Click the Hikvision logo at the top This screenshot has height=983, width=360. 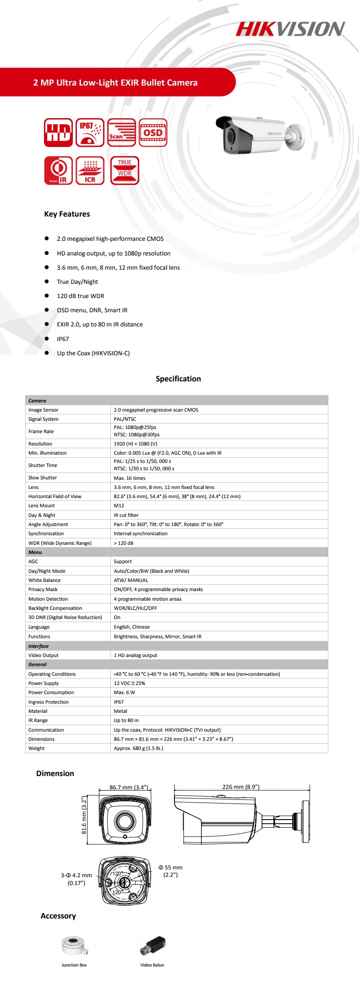290,29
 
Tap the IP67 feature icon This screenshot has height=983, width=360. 90,132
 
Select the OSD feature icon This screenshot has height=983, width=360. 153,132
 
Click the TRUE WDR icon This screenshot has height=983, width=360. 125,170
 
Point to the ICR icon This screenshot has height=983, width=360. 90,170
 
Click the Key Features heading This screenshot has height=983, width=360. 67,214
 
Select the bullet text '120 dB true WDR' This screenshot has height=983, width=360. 81,296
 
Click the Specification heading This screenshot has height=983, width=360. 178,379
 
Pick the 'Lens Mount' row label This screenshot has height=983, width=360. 41,505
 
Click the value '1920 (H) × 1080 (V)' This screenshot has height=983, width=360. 136,444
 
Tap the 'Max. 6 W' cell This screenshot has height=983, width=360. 125,692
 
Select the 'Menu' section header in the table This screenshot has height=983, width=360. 35,552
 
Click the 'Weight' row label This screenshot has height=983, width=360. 37,748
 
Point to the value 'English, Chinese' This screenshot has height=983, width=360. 132,627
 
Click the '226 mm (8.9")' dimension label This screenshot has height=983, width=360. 241,787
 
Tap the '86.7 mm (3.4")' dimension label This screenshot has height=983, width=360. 129,787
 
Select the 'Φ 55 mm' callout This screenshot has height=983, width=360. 170,867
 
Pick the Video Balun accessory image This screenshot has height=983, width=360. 153,945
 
